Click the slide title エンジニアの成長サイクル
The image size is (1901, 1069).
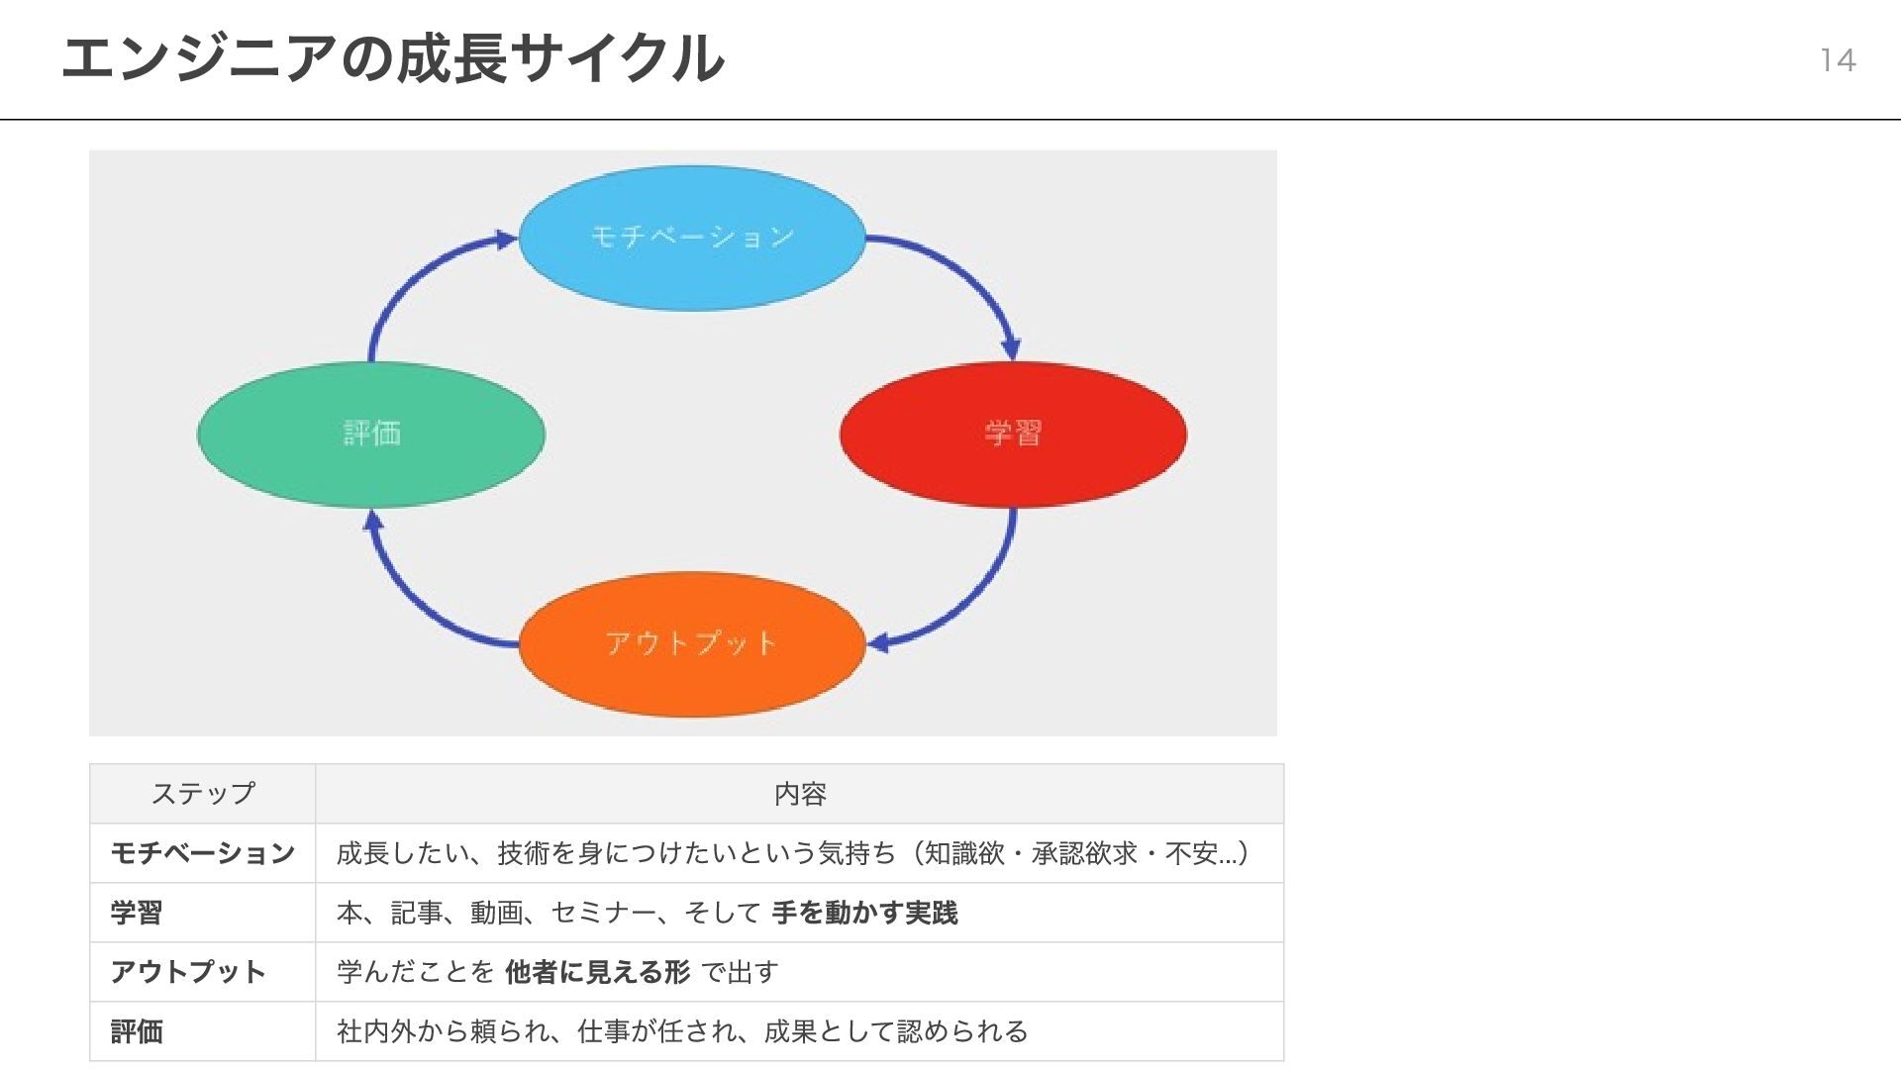pyautogui.click(x=392, y=59)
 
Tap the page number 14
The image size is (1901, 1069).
pyautogui.click(x=1837, y=60)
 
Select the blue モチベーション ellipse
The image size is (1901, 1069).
pyautogui.click(x=692, y=238)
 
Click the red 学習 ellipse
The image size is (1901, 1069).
pyautogui.click(x=1013, y=434)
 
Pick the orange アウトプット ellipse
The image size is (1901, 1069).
pyautogui.click(x=692, y=643)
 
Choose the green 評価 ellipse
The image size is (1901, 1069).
pyautogui.click(x=371, y=434)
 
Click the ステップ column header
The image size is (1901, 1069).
pyautogui.click(x=203, y=794)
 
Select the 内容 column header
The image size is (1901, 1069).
pyautogui.click(x=800, y=794)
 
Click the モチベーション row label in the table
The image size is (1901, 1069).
pyautogui.click(x=203, y=853)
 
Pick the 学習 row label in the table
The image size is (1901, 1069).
pyautogui.click(x=137, y=913)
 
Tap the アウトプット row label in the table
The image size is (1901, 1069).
pyautogui.click(x=188, y=972)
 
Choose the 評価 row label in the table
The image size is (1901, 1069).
pyautogui.click(x=137, y=1031)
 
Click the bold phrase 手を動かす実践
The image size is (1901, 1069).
pyautogui.click(x=864, y=913)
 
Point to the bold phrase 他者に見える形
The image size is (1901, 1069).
pyautogui.click(x=597, y=972)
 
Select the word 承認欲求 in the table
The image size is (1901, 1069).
pyautogui.click(x=1084, y=853)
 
